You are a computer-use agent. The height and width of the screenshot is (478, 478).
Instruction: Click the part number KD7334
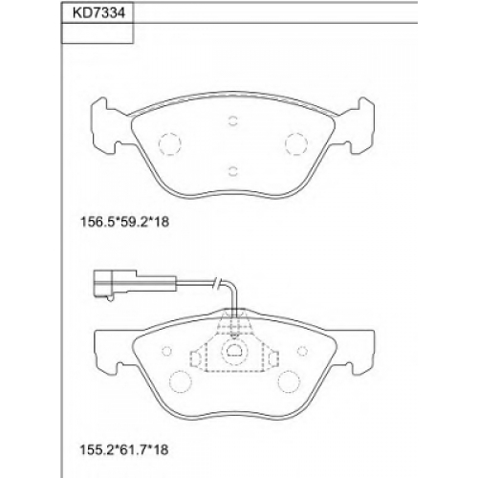tap(98, 13)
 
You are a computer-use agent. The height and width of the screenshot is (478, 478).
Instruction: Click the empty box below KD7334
tap(98, 33)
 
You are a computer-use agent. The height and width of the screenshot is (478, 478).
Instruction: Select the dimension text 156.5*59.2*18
tap(124, 222)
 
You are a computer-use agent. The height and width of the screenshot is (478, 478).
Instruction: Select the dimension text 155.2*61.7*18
tap(124, 450)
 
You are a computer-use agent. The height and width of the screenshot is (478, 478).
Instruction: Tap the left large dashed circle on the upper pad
tap(169, 143)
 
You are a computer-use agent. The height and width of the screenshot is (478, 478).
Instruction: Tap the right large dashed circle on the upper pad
tap(296, 143)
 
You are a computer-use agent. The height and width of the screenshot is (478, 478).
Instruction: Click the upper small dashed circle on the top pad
tap(233, 120)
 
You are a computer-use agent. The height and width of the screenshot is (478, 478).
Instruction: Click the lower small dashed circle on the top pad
tap(233, 171)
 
